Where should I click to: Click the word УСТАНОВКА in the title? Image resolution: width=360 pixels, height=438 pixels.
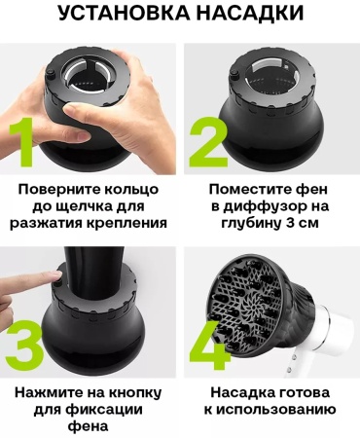point(124,13)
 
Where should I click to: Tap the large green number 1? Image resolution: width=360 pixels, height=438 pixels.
point(21,142)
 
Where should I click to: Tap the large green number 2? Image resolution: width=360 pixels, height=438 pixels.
point(208,142)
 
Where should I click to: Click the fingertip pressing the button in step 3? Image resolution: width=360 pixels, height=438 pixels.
point(56,275)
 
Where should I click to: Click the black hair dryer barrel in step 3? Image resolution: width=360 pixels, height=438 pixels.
point(93,272)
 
